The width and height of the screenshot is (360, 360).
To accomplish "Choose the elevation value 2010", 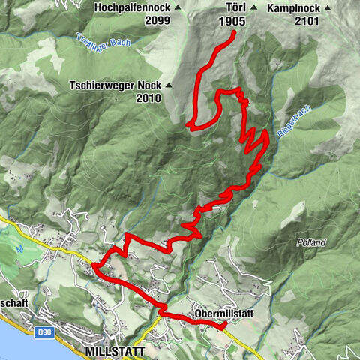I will [x=148, y=97].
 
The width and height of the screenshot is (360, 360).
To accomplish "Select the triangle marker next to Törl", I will [x=254, y=7].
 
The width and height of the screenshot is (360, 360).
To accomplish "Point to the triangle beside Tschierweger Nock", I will [x=170, y=85].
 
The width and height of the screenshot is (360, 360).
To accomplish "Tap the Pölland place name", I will [x=310, y=243].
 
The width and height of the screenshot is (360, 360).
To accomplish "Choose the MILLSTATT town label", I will [x=111, y=351].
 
